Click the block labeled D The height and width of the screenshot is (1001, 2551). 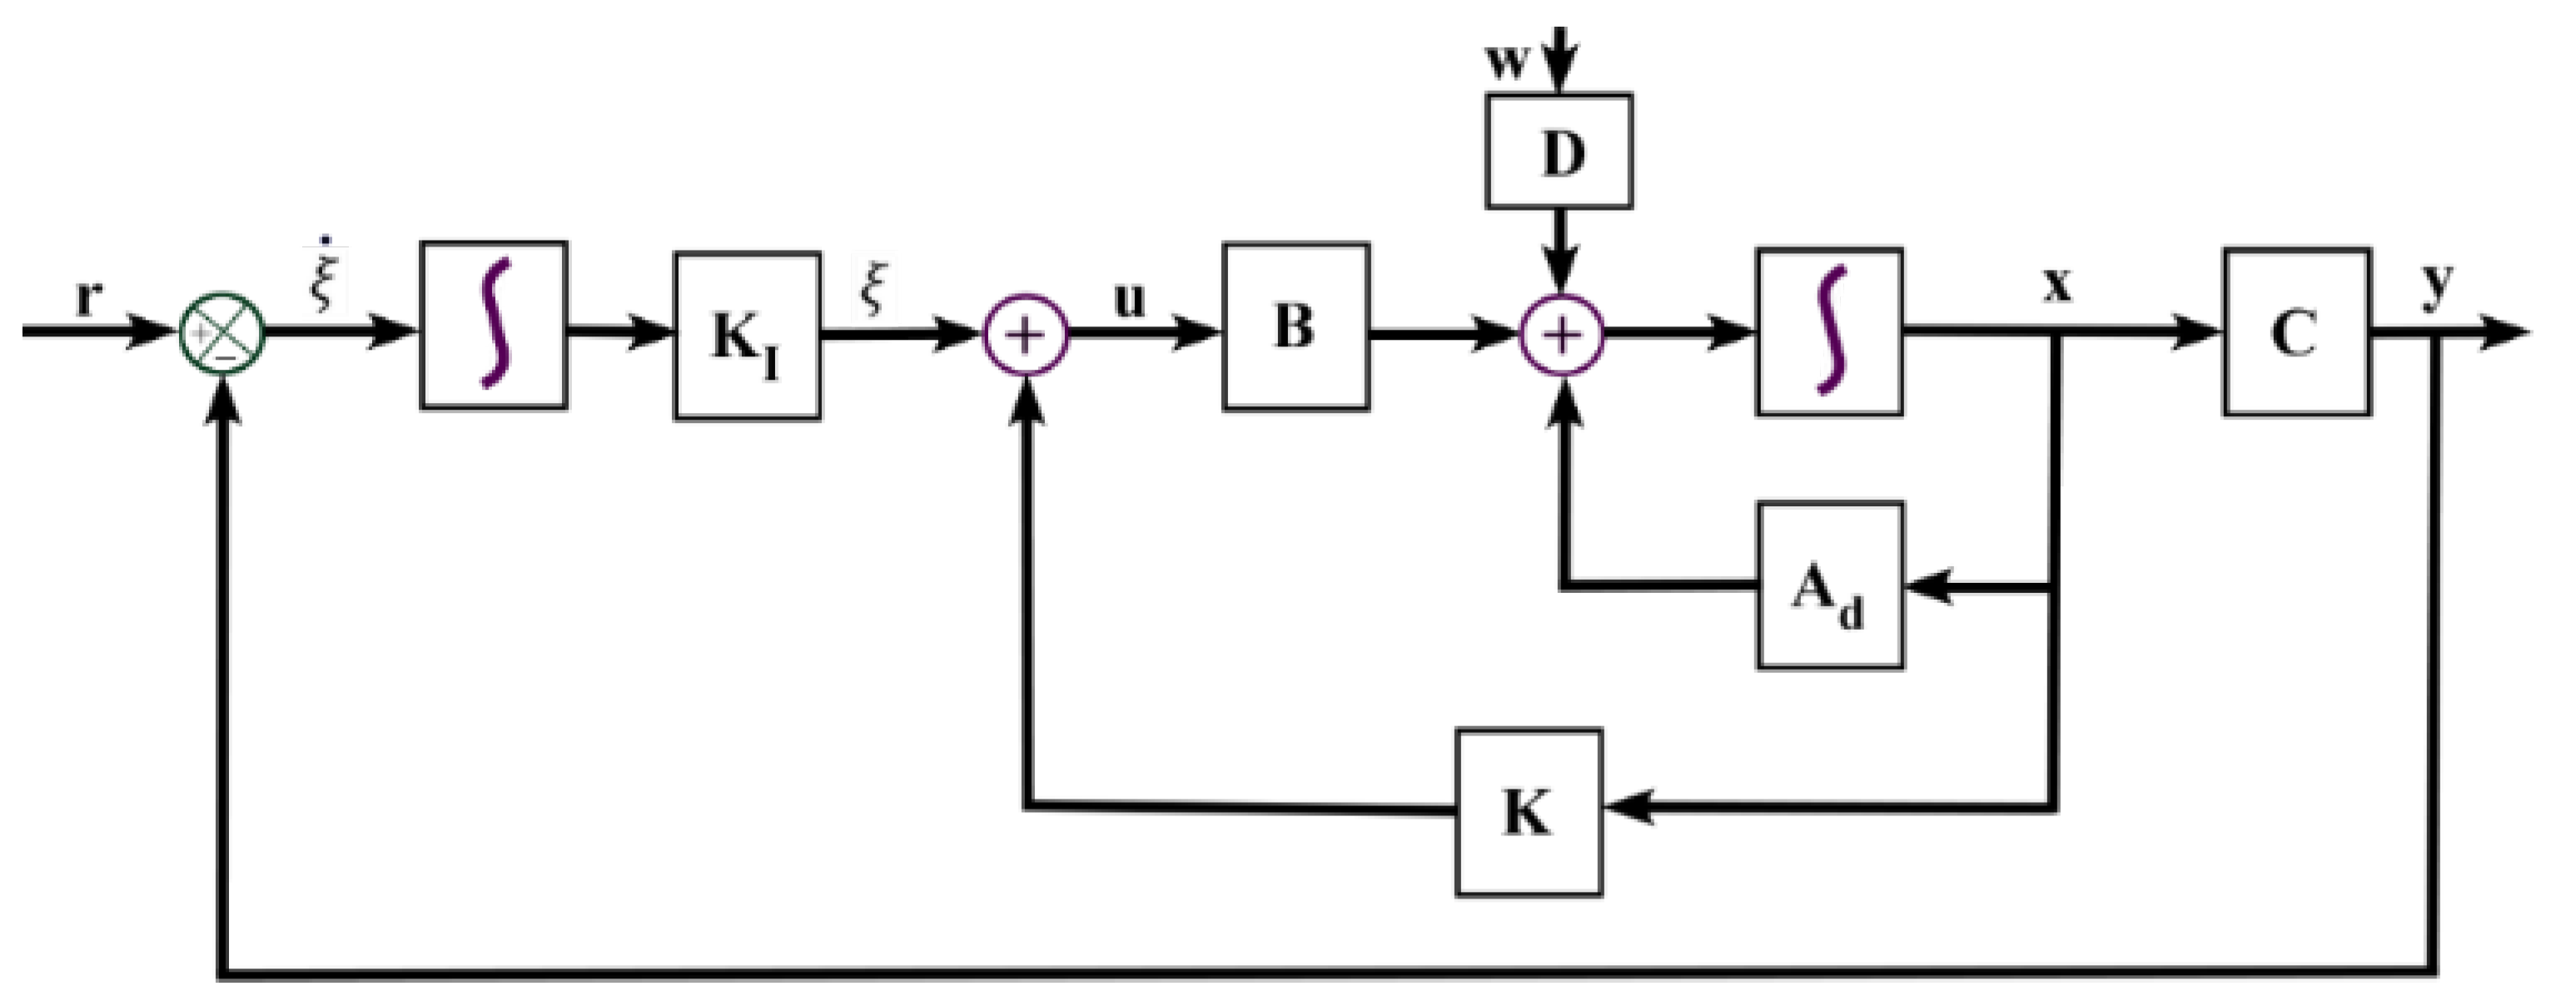1559,152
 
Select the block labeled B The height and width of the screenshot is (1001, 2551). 1296,326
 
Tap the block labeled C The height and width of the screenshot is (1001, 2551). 2296,331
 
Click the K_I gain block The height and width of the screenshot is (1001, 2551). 747,337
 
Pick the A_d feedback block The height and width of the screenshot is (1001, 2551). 1829,586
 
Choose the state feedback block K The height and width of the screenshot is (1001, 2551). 1528,813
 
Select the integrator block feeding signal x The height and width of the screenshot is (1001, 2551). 1829,331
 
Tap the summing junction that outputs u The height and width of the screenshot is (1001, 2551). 1026,335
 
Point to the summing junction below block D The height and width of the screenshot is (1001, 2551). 1562,335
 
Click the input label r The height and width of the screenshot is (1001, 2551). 88,298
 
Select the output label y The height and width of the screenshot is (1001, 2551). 2437,284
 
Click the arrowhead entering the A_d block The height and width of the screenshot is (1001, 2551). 1926,588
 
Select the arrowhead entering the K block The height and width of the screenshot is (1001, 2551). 1624,807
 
